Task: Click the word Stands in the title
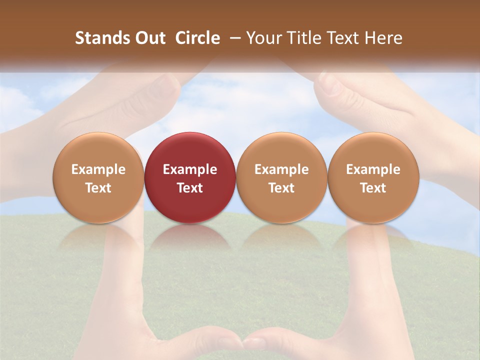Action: tap(102, 38)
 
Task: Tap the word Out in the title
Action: tap(150, 38)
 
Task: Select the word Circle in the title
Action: tap(197, 38)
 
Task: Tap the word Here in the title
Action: tap(383, 38)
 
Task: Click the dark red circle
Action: tap(190, 177)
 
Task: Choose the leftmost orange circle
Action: tap(98, 177)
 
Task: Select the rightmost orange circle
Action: tap(373, 177)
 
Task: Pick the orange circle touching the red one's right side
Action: tap(281, 177)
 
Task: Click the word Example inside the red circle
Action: tap(190, 169)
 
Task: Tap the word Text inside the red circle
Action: tap(190, 188)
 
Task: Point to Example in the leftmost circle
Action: tap(98, 169)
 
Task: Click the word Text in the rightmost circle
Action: tap(373, 188)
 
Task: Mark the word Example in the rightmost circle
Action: tap(373, 169)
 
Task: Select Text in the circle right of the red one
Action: tap(281, 188)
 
